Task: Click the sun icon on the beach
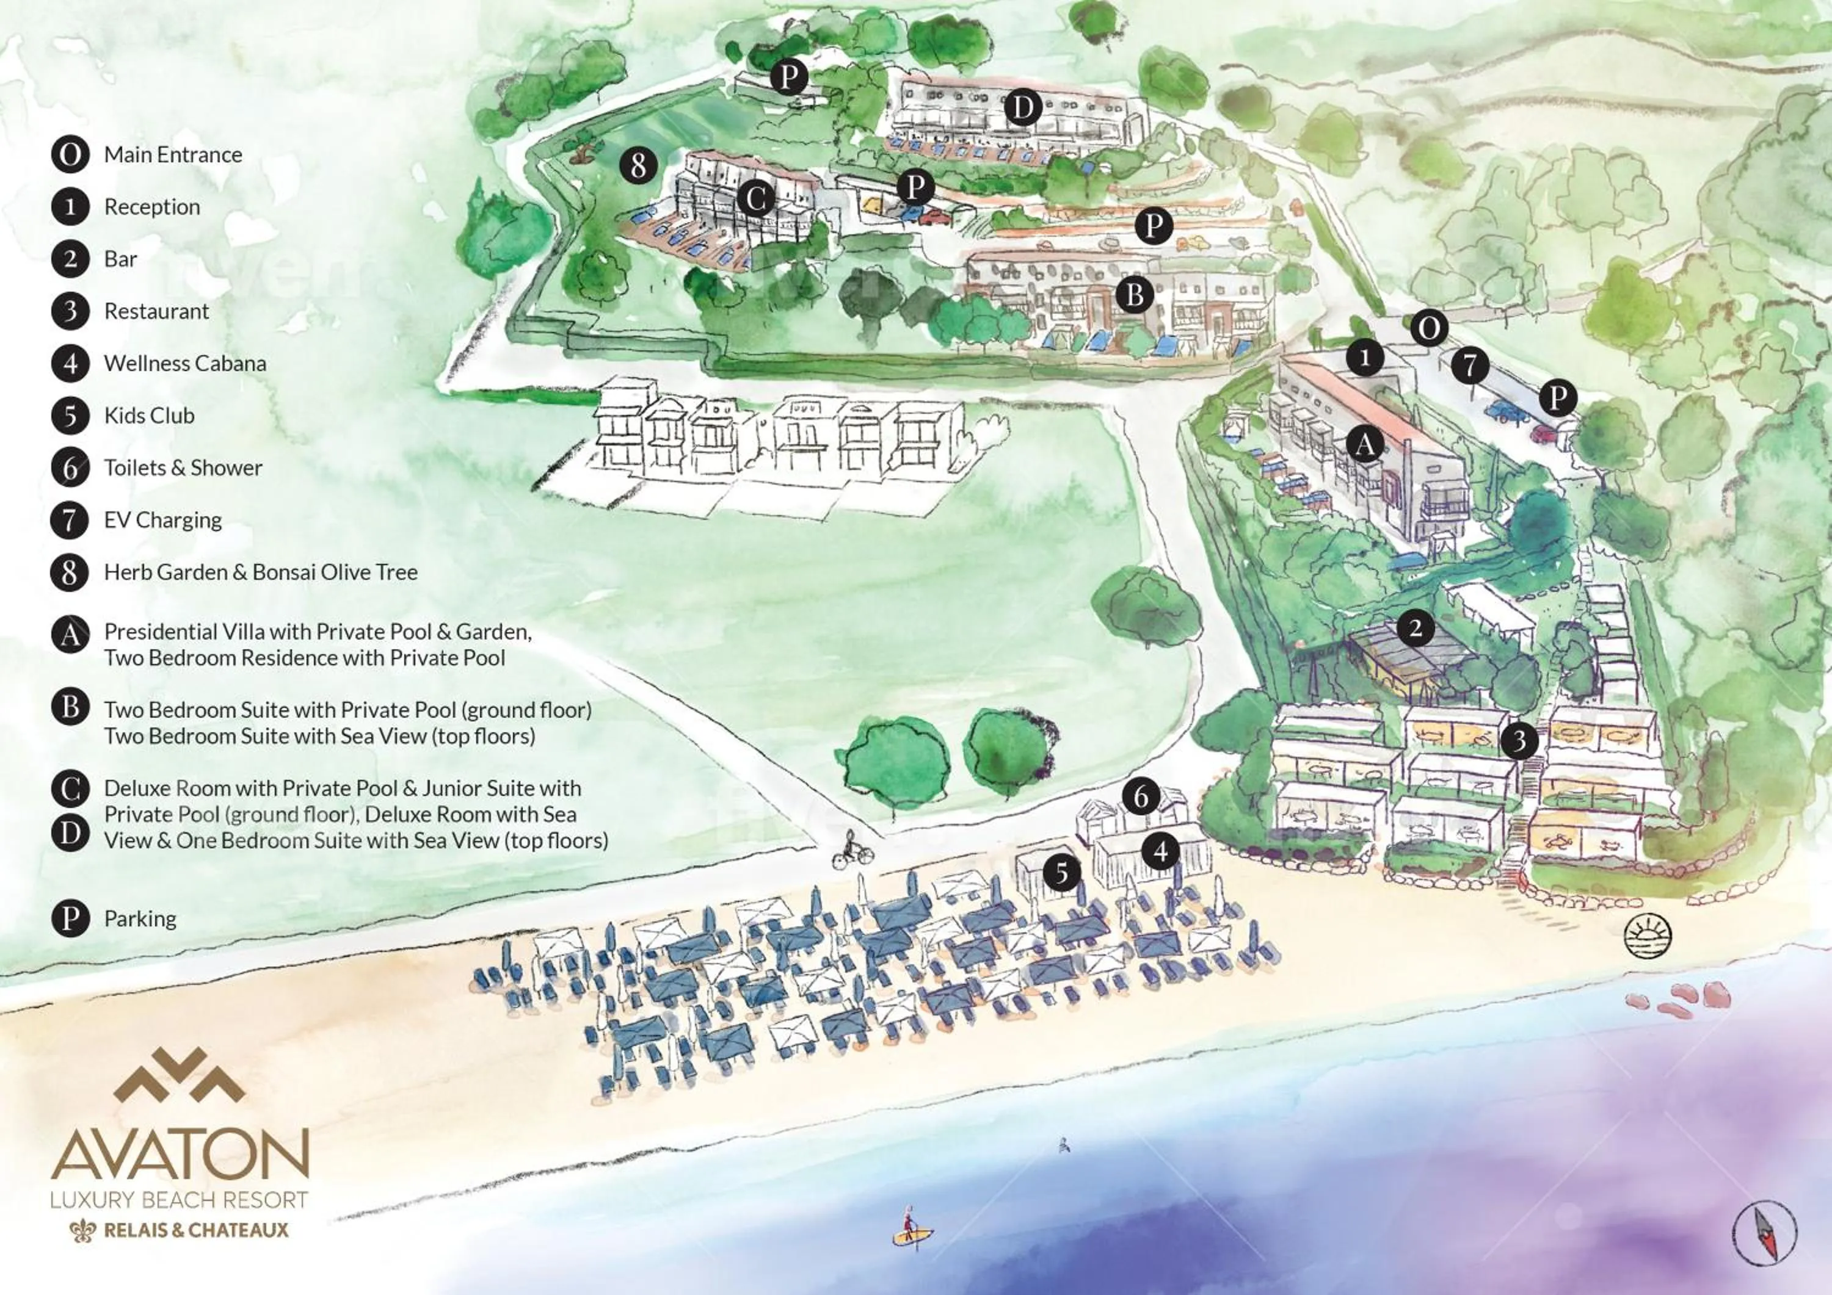1648,936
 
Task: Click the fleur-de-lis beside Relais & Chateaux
83,1230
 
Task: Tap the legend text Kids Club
149,416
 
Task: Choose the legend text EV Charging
163,520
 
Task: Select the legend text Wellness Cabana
185,364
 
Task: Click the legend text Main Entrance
173,154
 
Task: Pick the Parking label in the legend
140,918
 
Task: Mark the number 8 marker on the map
638,166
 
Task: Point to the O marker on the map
1428,328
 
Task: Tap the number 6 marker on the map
1141,796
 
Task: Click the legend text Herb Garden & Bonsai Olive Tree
261,572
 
